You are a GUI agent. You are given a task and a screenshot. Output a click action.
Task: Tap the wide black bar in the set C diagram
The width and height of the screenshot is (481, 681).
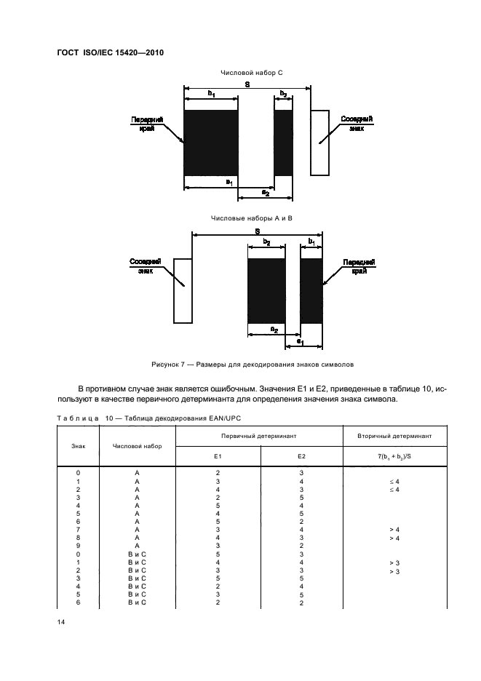(211, 143)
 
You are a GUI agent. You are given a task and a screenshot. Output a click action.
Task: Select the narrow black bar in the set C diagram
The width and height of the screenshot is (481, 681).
(283, 143)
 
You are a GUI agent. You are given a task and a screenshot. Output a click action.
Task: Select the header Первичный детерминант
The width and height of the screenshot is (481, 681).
(259, 435)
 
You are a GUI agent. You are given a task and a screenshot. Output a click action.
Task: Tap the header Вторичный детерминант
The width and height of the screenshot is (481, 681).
(394, 435)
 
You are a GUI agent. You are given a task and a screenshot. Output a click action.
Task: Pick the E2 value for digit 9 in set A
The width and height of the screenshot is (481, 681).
(301, 546)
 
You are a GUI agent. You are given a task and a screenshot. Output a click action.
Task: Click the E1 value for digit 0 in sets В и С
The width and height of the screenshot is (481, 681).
(218, 554)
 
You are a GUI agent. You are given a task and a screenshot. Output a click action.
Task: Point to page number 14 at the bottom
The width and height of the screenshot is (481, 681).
(61, 621)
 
